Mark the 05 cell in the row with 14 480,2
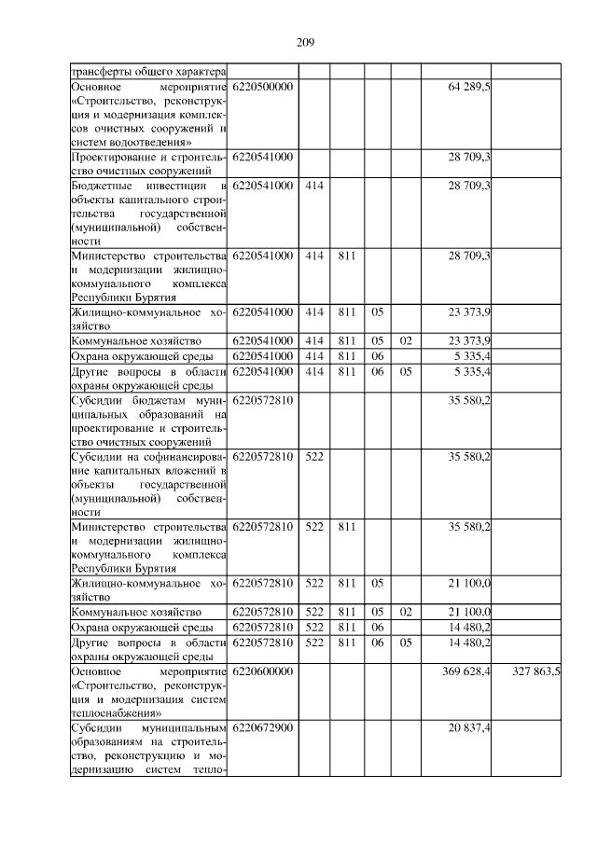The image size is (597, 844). click(405, 643)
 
